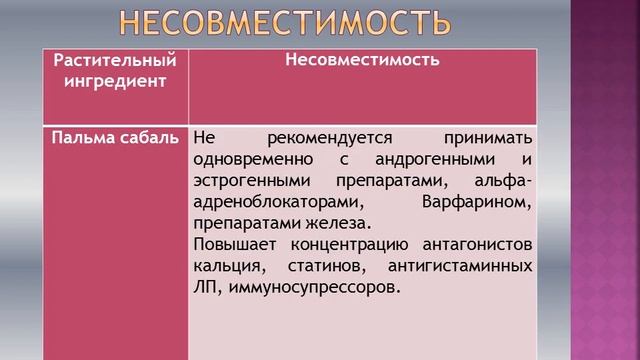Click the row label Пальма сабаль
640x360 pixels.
point(117,137)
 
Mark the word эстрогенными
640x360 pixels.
point(243,181)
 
